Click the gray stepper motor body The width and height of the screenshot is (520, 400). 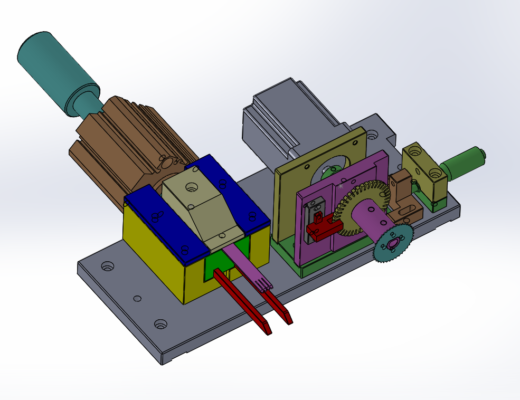(285, 121)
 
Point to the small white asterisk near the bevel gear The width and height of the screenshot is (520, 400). (341, 186)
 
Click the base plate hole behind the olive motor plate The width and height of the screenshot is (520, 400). (372, 136)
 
